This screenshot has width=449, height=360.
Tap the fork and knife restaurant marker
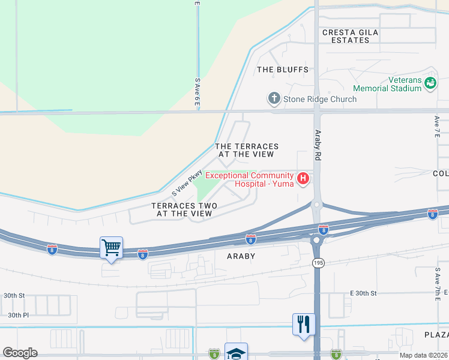(x=304, y=324)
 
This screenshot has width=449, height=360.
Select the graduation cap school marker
(x=236, y=352)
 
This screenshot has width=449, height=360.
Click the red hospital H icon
(x=304, y=178)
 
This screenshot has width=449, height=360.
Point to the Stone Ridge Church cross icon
(x=274, y=98)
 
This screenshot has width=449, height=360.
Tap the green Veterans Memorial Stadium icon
(x=430, y=83)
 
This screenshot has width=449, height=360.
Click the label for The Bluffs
(x=283, y=70)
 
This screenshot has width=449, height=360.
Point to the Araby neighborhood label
(x=241, y=256)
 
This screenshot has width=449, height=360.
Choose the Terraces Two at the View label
(x=184, y=209)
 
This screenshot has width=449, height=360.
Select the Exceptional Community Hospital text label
(x=250, y=179)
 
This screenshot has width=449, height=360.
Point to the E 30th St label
(x=363, y=293)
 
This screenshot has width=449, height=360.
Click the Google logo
(x=20, y=353)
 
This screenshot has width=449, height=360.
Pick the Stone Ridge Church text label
(x=320, y=99)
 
